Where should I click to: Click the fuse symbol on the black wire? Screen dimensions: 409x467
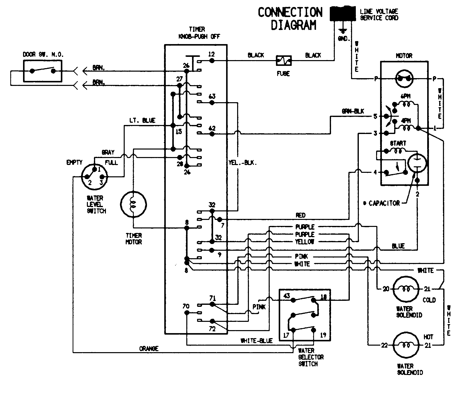pos(284,61)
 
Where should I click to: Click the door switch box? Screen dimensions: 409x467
pos(43,71)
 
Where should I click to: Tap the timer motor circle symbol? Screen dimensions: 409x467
pos(133,205)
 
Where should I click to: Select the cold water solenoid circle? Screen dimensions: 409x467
pos(406,289)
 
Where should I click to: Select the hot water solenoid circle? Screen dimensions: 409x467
pos(406,345)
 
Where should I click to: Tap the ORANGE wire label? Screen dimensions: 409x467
pos(149,349)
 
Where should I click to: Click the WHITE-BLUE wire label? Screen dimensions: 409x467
pos(256,341)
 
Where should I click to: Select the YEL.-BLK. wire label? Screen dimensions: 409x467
pos(243,163)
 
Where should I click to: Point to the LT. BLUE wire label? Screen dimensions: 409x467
pos(142,121)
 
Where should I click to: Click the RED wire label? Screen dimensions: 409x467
pos(300,215)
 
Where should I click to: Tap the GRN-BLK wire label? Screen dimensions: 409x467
pos(353,111)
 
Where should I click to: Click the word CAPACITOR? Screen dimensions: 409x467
pos(384,203)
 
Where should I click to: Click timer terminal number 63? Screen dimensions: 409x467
pos(212,97)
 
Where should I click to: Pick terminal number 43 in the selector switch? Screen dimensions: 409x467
pos(286,296)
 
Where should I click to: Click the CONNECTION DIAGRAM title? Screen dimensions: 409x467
pos(290,19)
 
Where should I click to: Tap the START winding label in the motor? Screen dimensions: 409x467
pos(398,144)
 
